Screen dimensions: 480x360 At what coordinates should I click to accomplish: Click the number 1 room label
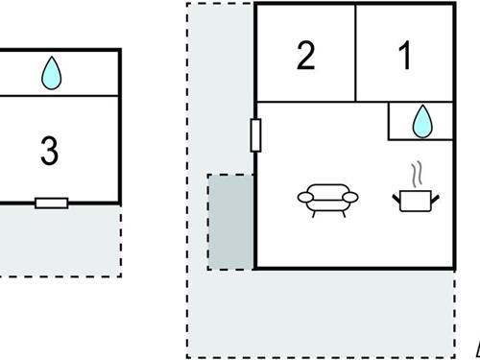pos(405,56)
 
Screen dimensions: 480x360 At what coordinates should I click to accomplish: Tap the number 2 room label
pos(305,56)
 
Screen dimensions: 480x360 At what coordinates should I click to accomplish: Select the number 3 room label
pos(50,151)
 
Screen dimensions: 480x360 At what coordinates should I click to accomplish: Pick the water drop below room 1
pos(420,121)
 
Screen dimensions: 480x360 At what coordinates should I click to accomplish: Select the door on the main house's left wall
pos(255,134)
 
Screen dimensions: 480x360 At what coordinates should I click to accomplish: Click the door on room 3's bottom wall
pos(51,203)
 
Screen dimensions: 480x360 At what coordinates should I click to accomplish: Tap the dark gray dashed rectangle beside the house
pos(230,222)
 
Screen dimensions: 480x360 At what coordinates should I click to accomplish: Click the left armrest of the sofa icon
pos(304,197)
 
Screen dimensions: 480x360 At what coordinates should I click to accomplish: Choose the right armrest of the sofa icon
pos(350,197)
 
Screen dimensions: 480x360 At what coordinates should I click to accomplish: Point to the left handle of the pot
pos(396,198)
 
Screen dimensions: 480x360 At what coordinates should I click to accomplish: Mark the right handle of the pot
pos(436,198)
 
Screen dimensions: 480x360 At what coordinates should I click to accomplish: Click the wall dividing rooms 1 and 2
pos(355,52)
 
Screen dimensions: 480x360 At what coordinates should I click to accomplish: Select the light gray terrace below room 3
pos(58,240)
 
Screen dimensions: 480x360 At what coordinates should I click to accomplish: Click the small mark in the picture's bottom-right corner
pos(476,349)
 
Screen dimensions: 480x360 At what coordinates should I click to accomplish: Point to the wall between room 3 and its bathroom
pos(58,95)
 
